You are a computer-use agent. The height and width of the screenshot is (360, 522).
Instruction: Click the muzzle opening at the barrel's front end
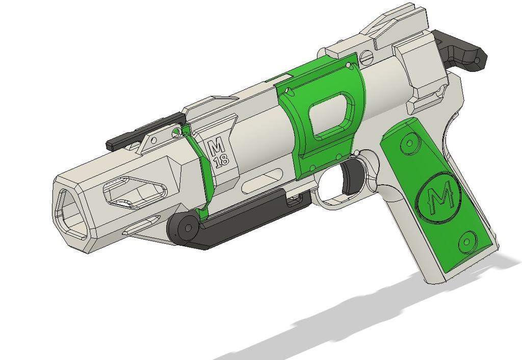[x=72, y=214]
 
